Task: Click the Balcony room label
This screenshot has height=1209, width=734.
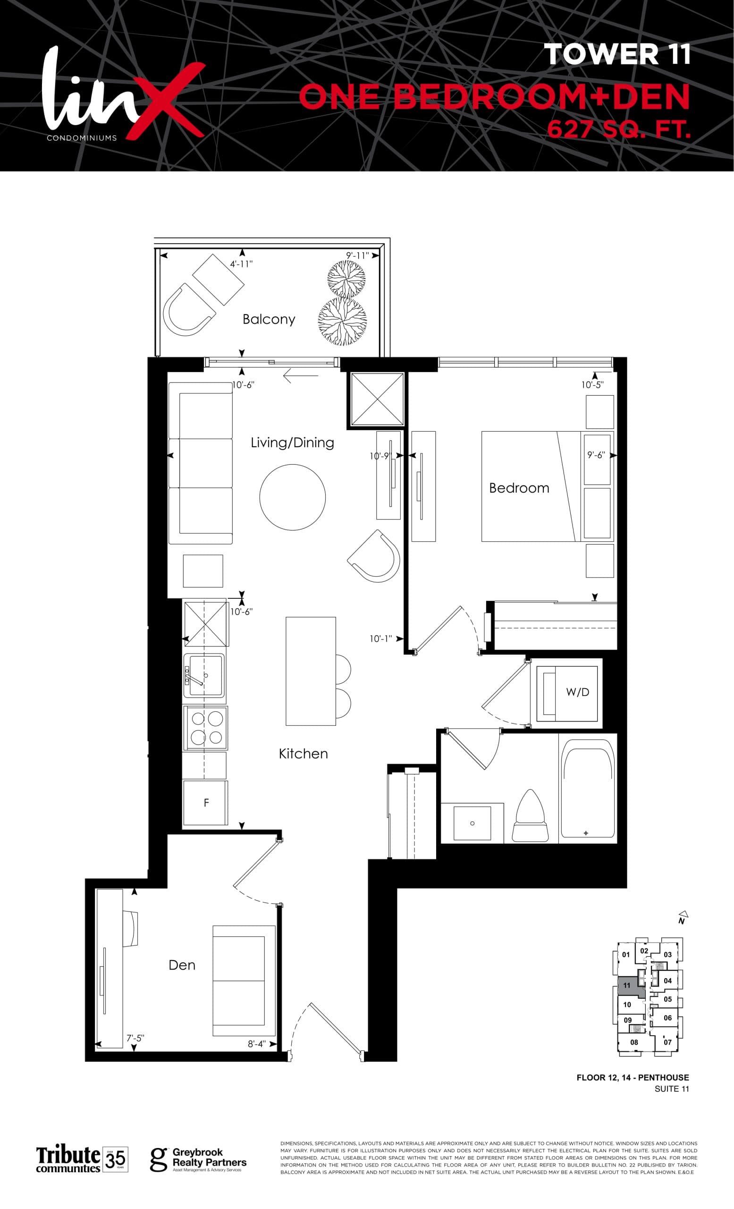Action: tap(269, 319)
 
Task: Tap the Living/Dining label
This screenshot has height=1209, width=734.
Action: tap(292, 443)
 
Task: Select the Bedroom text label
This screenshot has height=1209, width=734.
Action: tap(519, 488)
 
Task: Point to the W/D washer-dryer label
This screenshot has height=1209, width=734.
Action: tap(577, 692)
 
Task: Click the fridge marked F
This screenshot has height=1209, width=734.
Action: tap(205, 803)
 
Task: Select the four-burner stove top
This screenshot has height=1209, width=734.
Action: tap(205, 728)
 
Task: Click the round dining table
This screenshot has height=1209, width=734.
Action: tap(292, 497)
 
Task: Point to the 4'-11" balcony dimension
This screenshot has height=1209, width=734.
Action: tap(241, 264)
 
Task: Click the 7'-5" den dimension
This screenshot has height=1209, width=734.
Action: tap(135, 1038)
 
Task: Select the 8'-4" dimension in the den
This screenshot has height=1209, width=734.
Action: tap(257, 1044)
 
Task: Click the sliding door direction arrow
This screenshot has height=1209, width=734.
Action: tap(301, 377)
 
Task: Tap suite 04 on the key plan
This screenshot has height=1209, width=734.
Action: tap(667, 981)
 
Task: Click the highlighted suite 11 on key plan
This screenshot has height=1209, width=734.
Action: tap(627, 985)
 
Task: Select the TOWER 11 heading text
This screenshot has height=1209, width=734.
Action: tap(617, 54)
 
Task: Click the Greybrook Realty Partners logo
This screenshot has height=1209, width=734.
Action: tap(198, 1160)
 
